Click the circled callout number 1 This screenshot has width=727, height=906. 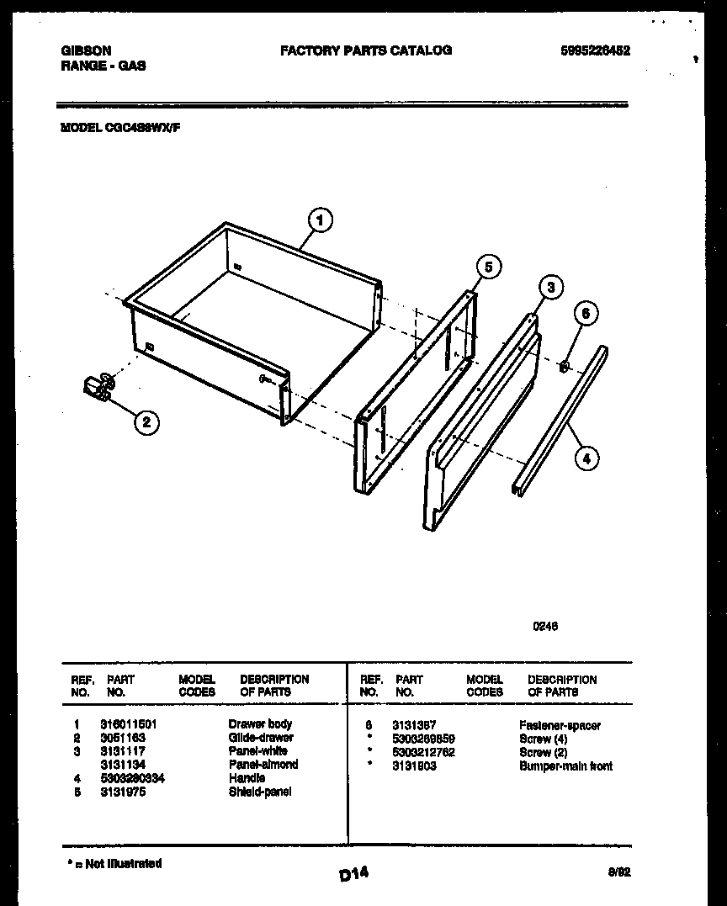(x=319, y=220)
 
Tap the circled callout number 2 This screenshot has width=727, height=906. (x=146, y=422)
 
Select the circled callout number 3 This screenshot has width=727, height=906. (x=549, y=289)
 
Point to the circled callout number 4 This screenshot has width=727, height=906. (x=586, y=458)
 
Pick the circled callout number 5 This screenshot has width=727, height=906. (x=488, y=267)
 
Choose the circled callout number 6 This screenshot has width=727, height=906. (x=586, y=314)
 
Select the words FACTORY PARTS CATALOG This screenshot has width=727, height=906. (x=365, y=50)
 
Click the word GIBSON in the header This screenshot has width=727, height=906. (x=86, y=50)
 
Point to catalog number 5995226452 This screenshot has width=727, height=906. (x=595, y=50)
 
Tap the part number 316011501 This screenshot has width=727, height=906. (x=129, y=724)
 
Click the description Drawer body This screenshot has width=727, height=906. (x=260, y=724)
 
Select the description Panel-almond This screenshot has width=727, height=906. (x=263, y=765)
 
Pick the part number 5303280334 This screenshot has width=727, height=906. (x=132, y=778)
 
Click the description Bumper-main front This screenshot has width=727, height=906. (x=565, y=766)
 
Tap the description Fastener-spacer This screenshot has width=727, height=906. (x=560, y=725)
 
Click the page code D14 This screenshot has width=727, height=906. (x=354, y=875)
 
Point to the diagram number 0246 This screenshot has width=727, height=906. (x=545, y=626)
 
